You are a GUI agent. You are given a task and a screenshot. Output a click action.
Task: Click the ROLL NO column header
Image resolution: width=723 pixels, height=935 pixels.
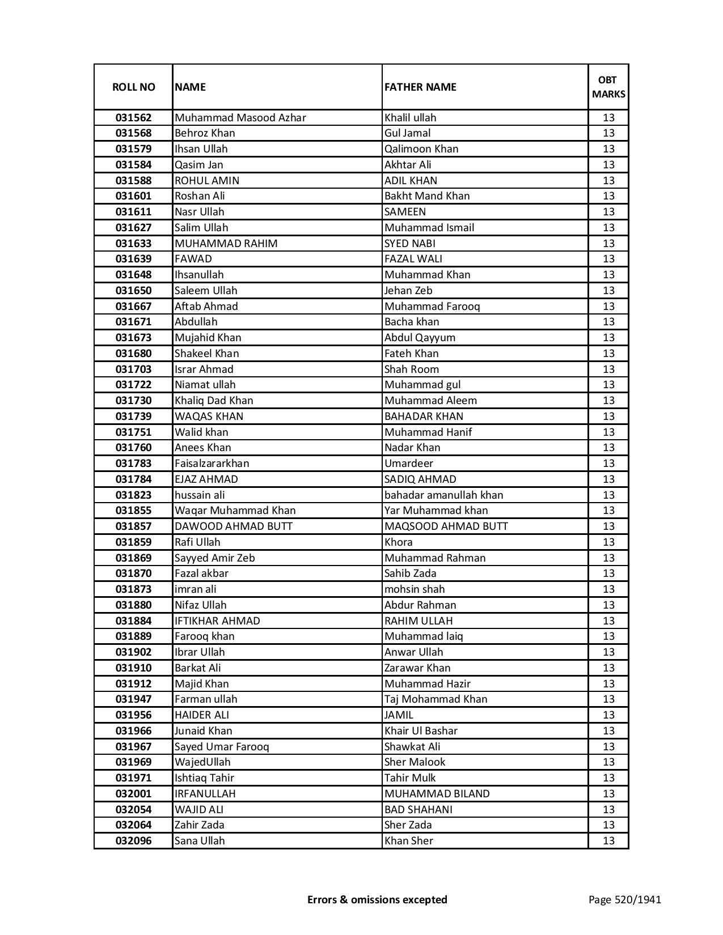point(133,87)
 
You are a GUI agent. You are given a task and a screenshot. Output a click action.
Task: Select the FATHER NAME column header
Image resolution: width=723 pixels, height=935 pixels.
point(420,87)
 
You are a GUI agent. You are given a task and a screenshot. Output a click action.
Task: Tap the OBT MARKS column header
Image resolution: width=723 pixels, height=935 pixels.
point(608,87)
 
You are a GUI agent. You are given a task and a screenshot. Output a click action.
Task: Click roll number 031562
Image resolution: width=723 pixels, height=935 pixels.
point(133,118)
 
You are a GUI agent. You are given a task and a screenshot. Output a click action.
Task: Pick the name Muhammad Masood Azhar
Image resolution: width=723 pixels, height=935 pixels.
point(240,118)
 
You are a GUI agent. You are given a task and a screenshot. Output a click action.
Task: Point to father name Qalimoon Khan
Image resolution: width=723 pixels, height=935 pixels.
point(421,149)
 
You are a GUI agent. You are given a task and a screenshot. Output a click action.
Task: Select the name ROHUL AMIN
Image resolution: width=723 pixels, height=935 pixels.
point(207,181)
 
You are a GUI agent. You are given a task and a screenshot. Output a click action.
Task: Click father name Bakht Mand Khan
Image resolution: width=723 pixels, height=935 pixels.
point(427,196)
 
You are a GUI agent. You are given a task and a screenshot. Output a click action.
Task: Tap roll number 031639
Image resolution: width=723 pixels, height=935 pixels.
point(133,259)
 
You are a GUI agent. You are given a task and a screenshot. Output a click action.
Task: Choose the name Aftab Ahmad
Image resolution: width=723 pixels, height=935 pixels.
point(206,307)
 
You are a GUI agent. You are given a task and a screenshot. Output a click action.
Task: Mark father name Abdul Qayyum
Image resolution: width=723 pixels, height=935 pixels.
point(420,338)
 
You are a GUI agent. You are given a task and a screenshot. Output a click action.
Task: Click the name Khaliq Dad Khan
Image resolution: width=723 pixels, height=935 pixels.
point(214,401)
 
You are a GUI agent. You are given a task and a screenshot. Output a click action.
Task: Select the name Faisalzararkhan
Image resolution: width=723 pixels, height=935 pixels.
point(212,464)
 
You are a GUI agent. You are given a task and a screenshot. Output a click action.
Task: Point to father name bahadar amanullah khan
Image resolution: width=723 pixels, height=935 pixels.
point(443,495)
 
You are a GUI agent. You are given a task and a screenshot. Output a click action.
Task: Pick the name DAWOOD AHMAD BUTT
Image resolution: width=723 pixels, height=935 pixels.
point(234,526)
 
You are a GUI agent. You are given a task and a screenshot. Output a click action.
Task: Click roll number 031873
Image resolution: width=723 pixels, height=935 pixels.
point(133,589)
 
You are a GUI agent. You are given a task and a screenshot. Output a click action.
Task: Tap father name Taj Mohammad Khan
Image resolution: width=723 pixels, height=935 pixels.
point(436,699)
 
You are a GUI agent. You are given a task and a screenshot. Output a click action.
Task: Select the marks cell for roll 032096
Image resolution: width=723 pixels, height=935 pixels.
point(608,841)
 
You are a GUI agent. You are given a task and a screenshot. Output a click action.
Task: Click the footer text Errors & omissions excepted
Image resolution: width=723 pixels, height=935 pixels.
point(377,899)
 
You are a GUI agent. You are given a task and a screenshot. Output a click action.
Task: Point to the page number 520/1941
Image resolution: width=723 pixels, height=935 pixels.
point(625,899)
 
